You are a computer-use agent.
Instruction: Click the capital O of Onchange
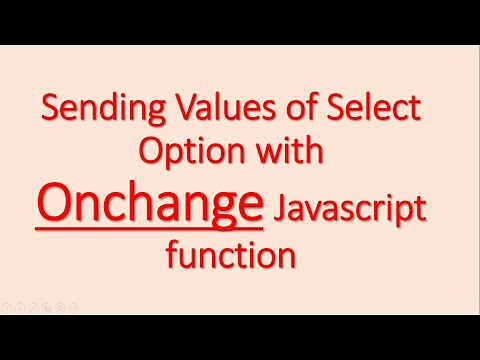[x=53, y=206]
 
